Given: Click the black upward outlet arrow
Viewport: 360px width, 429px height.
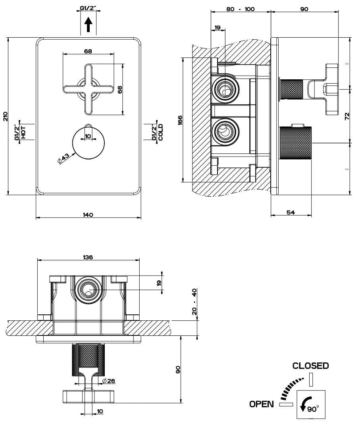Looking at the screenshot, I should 89,26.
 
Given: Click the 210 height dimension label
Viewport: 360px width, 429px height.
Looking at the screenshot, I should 5,116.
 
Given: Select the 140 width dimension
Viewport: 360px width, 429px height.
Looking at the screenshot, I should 88,215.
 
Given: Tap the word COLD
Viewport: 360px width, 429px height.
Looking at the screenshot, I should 160,132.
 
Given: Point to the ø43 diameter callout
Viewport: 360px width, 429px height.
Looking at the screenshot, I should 64,158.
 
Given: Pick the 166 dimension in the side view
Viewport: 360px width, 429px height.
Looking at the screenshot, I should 180,120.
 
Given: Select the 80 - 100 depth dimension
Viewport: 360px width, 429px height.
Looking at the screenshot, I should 241,9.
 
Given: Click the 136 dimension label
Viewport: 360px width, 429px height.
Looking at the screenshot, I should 88,257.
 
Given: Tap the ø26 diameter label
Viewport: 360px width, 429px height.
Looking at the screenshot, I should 109,381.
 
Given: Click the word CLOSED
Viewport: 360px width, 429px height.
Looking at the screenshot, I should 310,366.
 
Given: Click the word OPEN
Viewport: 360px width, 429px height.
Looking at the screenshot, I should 262,404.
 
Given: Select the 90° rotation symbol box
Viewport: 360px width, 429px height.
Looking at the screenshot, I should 312,405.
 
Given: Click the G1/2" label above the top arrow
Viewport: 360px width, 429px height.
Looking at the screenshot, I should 89,8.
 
